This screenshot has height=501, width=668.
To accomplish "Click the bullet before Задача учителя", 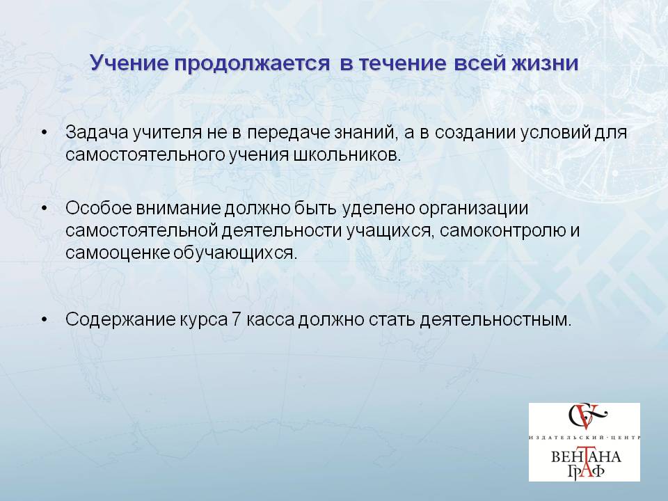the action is tap(45, 133).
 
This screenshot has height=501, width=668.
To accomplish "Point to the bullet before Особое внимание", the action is tap(45, 209).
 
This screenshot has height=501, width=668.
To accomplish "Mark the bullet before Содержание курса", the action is tap(45, 319).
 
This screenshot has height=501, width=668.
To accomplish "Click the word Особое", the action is tap(99, 208).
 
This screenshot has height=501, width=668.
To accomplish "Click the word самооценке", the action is tap(118, 253).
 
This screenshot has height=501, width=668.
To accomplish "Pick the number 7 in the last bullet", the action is tap(237, 319).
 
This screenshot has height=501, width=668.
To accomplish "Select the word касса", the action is tap(270, 320).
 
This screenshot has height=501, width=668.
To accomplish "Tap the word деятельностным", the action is tap(495, 320).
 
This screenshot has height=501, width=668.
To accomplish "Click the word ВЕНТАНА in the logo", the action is tap(586, 457).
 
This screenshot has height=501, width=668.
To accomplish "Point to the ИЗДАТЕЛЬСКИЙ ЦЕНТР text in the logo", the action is tap(584, 438).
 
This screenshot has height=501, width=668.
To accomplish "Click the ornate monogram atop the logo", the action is tap(587, 416).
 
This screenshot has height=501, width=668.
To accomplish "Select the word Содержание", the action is tap(120, 320).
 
